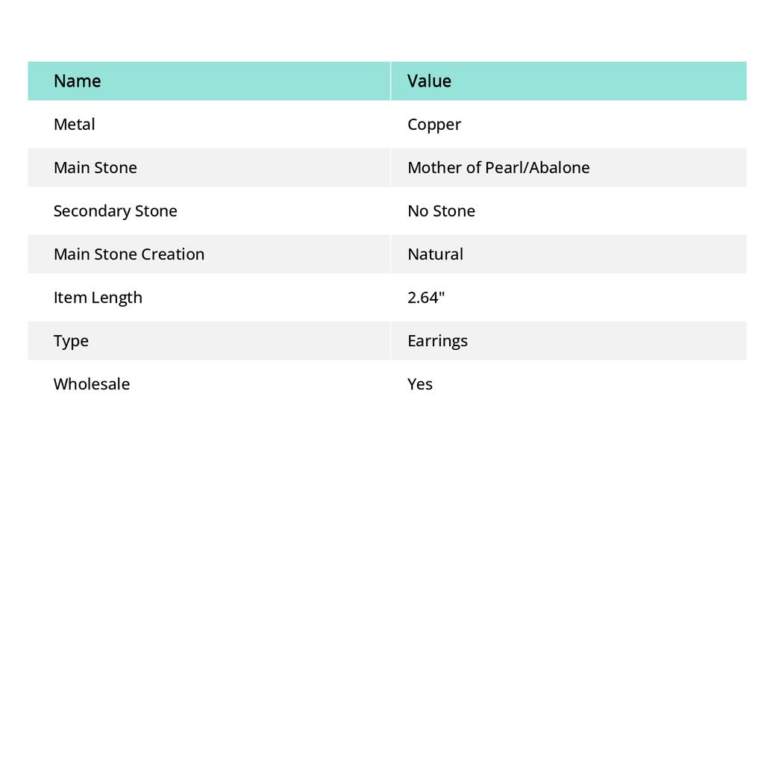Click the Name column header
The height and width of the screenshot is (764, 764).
[77, 81]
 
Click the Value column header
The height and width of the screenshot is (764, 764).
[429, 81]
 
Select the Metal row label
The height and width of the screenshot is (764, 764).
[74, 124]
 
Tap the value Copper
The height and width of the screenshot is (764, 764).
[434, 125]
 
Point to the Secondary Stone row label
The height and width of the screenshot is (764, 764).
[115, 210]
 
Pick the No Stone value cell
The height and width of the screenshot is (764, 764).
[441, 210]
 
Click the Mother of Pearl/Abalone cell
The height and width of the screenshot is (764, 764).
[498, 167]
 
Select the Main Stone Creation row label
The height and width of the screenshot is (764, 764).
[128, 254]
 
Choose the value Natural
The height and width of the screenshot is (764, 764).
[435, 254]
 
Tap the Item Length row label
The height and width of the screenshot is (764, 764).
[98, 297]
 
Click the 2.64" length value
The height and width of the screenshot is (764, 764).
[426, 297]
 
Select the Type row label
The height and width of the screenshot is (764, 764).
[71, 341]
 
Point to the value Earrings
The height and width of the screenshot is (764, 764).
[437, 341]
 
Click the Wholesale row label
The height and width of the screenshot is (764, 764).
[91, 383]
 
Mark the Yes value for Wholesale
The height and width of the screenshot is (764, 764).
[420, 383]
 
